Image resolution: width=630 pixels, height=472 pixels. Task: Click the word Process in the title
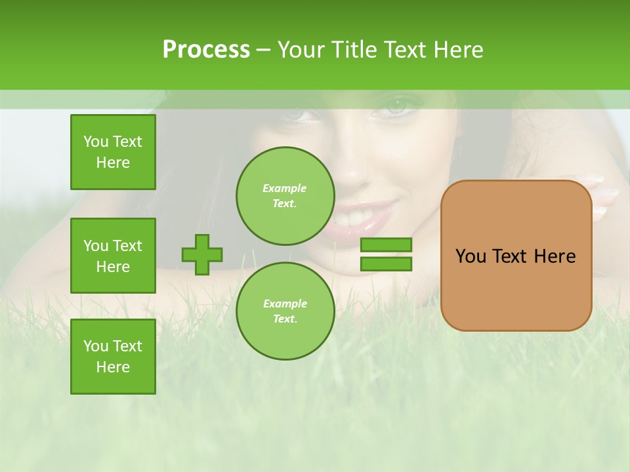point(206,50)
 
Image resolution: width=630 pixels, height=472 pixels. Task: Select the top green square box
point(113,152)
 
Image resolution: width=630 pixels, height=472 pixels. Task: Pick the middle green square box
point(113,256)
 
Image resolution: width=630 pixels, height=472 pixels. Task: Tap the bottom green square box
point(113,356)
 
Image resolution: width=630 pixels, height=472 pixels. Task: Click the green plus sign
point(202,254)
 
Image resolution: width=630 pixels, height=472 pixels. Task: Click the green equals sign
point(386,254)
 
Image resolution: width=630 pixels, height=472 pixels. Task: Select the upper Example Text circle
point(285,195)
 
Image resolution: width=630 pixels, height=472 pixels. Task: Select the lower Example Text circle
point(285,311)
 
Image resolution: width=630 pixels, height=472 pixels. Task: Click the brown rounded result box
point(516,256)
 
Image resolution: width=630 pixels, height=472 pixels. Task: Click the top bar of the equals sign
point(386,245)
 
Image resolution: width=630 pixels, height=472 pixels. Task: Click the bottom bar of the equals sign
point(386,264)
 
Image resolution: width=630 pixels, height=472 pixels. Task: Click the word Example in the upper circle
point(285,188)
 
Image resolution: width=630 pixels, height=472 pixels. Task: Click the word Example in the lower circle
point(285,304)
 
